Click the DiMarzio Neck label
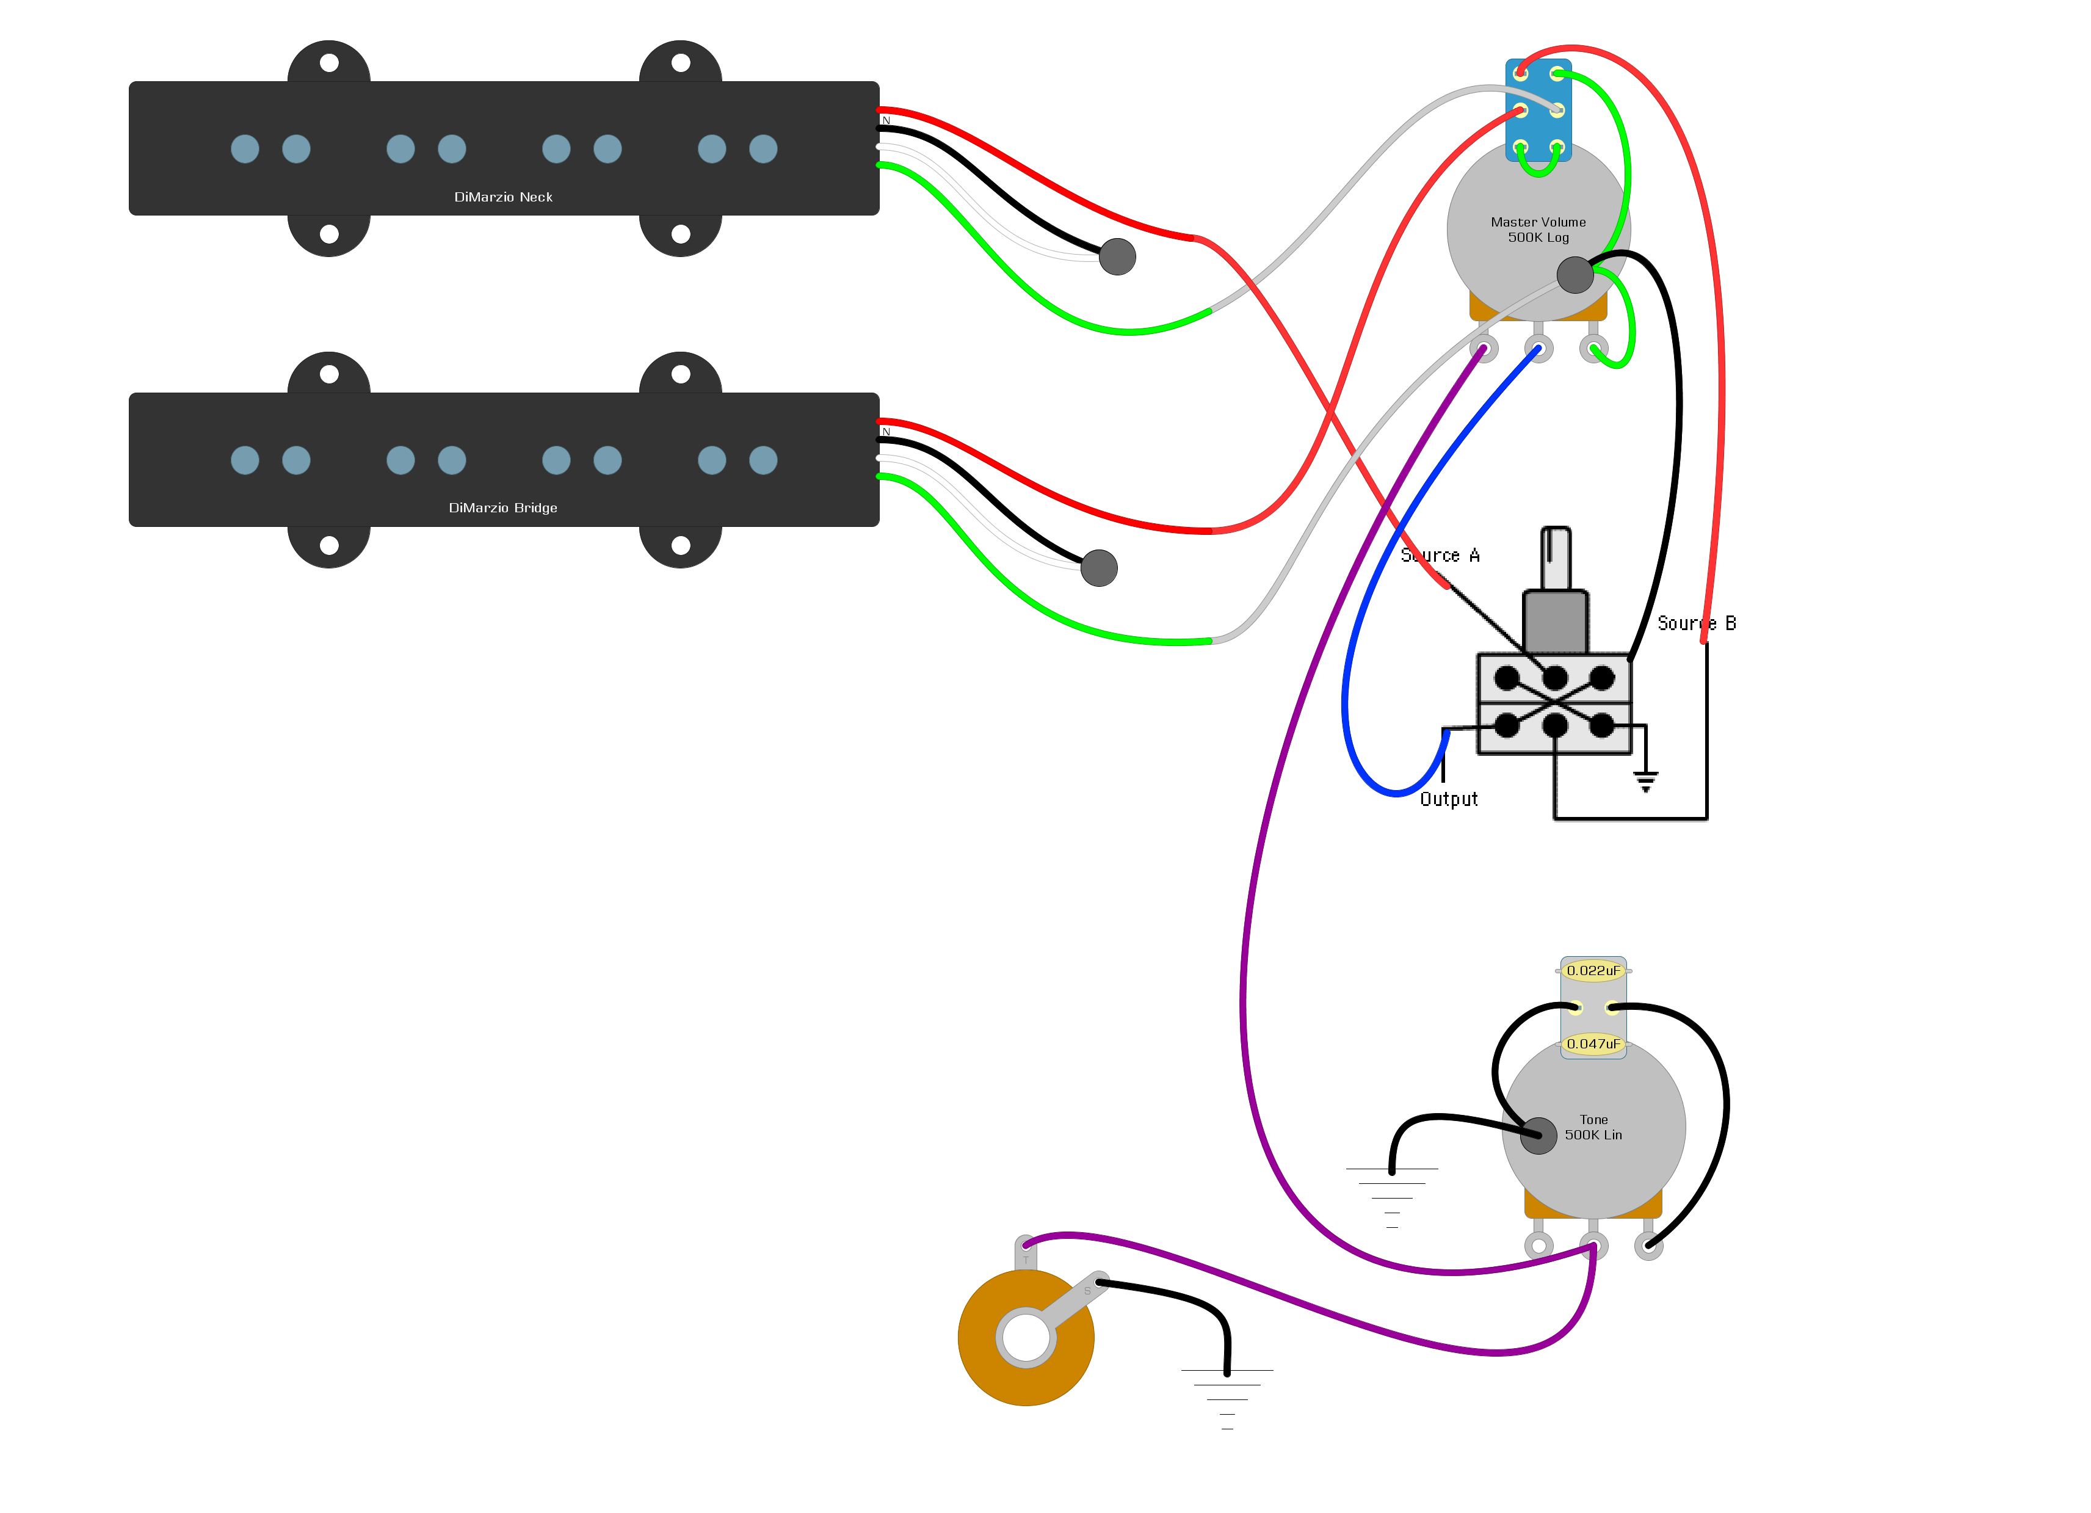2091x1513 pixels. click(504, 197)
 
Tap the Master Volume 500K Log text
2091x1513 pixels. click(1538, 230)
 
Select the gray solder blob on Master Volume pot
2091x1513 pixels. click(1575, 275)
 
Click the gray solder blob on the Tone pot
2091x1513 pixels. click(1538, 1135)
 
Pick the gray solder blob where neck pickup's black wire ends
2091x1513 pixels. click(1117, 256)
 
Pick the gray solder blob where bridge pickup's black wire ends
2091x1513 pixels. click(1099, 568)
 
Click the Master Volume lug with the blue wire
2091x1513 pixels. click(1538, 349)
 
